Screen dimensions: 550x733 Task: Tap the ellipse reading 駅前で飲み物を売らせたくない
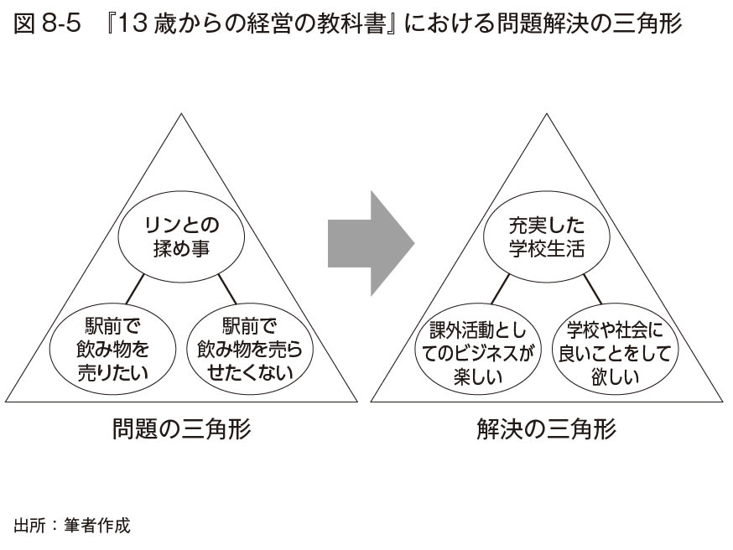pyautogui.click(x=250, y=349)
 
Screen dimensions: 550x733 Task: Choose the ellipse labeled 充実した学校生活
pyautogui.click(x=547, y=237)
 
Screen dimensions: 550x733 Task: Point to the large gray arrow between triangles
pyautogui.click(x=370, y=244)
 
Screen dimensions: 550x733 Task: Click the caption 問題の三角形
pyautogui.click(x=181, y=429)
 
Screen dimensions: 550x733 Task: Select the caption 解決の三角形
pyautogui.click(x=545, y=429)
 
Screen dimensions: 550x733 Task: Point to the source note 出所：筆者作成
pyautogui.click(x=72, y=526)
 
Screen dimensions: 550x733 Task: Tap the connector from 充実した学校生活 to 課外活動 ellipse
pyautogui.click(x=499, y=290)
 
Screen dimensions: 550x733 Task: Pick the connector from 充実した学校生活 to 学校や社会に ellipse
pyautogui.click(x=592, y=289)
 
